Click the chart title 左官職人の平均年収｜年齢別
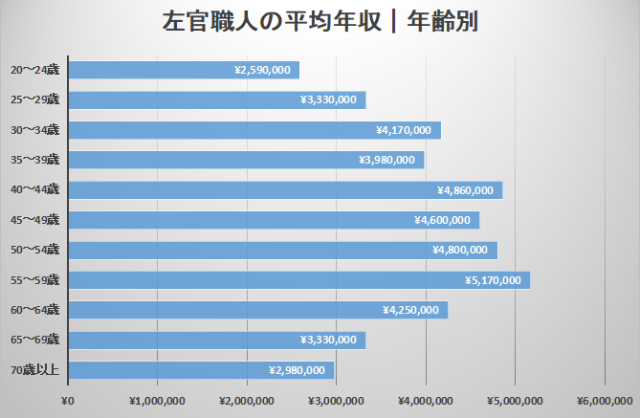coord(320,21)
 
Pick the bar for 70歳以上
coord(201,370)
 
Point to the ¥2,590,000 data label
coord(262,70)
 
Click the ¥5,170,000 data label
coord(493,280)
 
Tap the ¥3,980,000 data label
coord(386,160)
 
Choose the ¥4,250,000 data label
coord(410,310)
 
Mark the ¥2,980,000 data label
coord(298,370)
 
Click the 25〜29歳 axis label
coord(34,99)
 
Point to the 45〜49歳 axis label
coord(34,220)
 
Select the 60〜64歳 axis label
coord(34,310)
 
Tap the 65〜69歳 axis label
coord(34,340)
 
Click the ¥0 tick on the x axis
coord(67,401)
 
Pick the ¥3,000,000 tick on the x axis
coord(336,401)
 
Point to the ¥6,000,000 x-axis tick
coord(606,401)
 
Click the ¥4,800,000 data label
coord(460,250)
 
